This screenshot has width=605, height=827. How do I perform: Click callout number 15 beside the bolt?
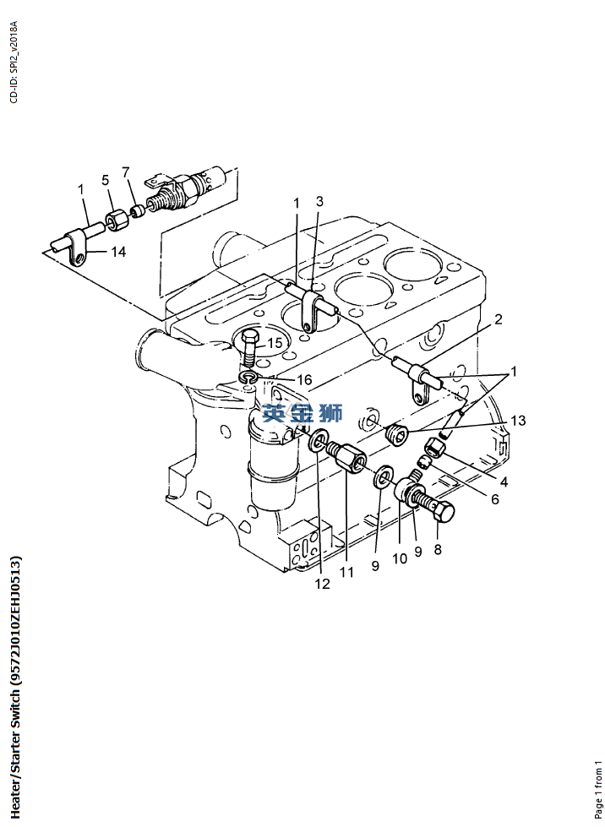point(275,343)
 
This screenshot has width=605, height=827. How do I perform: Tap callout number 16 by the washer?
point(304,380)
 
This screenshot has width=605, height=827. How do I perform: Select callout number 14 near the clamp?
point(118,252)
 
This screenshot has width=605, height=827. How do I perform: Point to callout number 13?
point(518,421)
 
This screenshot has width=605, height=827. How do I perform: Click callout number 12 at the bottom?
point(322,584)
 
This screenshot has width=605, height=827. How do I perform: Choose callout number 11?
point(346,572)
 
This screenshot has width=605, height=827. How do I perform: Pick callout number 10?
point(400,558)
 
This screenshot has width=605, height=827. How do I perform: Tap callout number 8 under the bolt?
point(437,550)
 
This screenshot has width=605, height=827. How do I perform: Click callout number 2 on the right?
point(498,319)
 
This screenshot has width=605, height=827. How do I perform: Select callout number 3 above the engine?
point(319,201)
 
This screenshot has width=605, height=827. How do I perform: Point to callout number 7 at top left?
point(126,172)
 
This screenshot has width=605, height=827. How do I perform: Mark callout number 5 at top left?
point(106,180)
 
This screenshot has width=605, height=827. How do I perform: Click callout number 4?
point(504,482)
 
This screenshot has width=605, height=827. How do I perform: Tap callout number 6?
point(495,499)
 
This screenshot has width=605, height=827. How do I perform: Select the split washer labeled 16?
point(248,377)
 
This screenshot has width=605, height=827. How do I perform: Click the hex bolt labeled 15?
point(249,347)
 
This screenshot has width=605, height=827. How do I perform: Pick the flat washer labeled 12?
point(318,441)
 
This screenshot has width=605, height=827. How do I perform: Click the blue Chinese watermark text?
point(302,412)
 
